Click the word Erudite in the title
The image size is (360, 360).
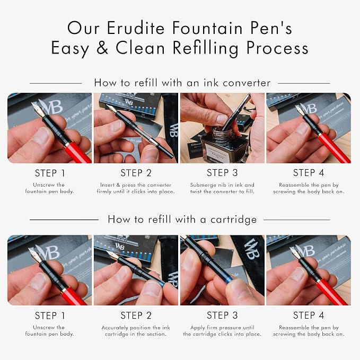point(136,28)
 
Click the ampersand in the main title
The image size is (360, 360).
point(102,48)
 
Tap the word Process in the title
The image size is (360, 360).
point(277,48)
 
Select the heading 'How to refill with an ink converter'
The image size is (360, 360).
point(182,83)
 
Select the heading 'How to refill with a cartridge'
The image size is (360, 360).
point(182,219)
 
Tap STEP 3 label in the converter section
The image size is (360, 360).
point(222,173)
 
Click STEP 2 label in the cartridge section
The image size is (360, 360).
point(136,315)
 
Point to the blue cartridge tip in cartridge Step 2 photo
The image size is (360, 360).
point(162,284)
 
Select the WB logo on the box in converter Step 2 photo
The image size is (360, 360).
point(128,102)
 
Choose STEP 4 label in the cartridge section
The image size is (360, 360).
point(309,315)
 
